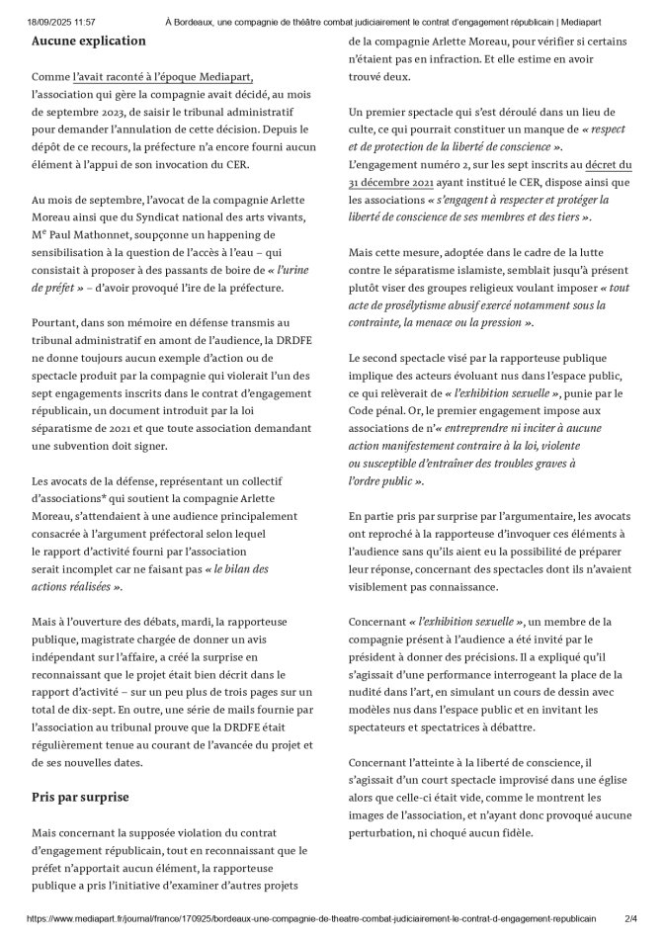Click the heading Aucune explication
88,42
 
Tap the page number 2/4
629,918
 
